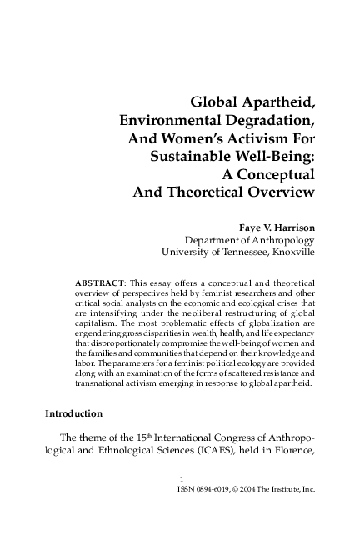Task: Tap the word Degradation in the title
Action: point(271,121)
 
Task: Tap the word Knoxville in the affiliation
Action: point(287,250)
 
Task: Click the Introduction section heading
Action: point(73,413)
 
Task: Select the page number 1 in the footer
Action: point(182,502)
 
